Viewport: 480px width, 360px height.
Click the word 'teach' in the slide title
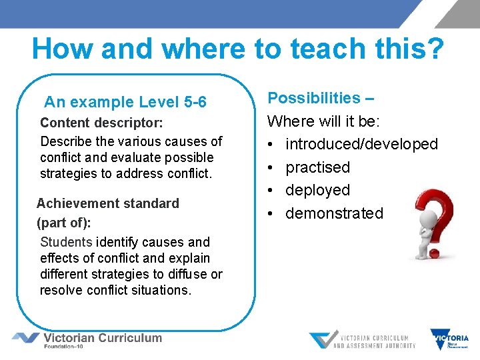coord(325,49)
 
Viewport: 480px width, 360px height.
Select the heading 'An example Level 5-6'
coord(125,102)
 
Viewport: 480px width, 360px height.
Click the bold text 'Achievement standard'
coord(108,203)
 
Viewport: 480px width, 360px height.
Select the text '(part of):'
coord(63,222)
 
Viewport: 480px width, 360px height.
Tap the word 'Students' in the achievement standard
coord(66,242)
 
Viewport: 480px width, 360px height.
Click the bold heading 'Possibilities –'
coord(321,98)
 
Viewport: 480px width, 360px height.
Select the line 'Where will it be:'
coord(323,121)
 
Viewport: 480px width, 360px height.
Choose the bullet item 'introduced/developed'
coord(361,144)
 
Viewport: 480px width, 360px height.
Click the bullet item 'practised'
coord(317,167)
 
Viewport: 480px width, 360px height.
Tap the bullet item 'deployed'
coord(317,190)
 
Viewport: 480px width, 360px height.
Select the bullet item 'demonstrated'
coord(334,213)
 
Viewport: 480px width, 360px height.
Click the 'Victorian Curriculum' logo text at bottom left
coord(102,337)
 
